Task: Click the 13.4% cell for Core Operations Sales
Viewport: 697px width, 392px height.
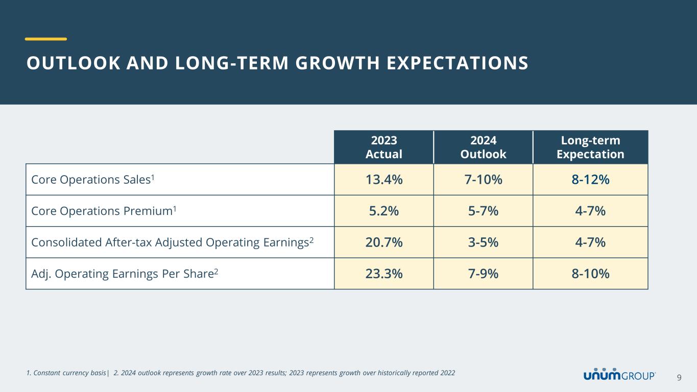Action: click(x=383, y=180)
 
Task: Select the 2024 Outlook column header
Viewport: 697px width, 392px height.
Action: click(x=483, y=147)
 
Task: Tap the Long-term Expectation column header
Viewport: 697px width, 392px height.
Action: click(x=590, y=147)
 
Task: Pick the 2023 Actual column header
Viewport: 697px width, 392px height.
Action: click(x=384, y=147)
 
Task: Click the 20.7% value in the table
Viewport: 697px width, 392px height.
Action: click(x=383, y=242)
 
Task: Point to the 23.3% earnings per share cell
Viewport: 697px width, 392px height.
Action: click(x=383, y=274)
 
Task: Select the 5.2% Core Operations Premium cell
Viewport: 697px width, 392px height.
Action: click(x=383, y=211)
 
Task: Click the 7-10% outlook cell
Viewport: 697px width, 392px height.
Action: click(x=483, y=180)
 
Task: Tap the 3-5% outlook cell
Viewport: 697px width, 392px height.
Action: click(x=483, y=242)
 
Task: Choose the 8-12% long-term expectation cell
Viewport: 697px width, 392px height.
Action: click(x=590, y=180)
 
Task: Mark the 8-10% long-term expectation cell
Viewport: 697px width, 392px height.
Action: click(x=590, y=274)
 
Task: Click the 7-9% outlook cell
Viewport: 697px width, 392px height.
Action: click(x=483, y=274)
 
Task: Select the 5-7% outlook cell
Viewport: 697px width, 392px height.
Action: click(x=483, y=211)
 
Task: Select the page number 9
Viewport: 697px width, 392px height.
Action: click(x=679, y=377)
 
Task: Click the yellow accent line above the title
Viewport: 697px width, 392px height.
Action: click(x=46, y=39)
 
